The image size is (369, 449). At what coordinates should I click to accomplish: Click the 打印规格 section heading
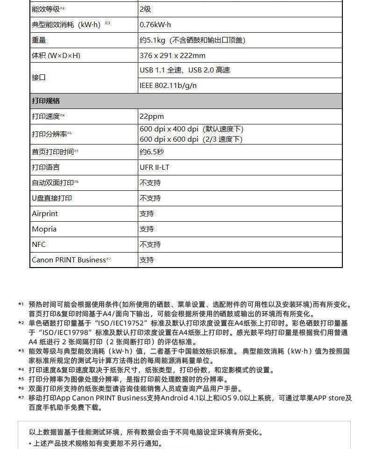pos(46,101)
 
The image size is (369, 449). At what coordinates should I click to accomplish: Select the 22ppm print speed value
pos(152,116)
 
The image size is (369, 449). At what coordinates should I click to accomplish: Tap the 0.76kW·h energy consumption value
pos(156,25)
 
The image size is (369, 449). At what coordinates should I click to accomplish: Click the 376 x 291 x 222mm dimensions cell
pos(172,56)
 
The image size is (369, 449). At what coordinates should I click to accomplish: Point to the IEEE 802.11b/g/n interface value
pos(168,86)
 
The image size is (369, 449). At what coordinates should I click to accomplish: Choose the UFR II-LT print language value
pos(155,167)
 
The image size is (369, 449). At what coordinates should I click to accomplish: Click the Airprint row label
pos(45,214)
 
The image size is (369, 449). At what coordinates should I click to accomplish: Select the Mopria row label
pos(44,229)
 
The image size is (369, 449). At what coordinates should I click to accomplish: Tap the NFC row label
pos(39,245)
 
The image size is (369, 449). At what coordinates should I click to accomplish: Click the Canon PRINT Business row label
pos(69,260)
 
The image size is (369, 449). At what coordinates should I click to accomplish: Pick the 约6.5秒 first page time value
pos(152,152)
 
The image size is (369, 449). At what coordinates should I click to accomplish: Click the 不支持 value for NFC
pos(150,245)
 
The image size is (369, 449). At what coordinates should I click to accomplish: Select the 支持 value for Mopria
pos(147,229)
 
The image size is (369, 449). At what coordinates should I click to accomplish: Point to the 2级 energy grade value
pos(145,9)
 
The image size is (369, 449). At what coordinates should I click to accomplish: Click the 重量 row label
pos(39,40)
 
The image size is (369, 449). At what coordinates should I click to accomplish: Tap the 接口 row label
pos(39,78)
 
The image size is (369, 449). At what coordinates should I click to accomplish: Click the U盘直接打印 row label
pos(52,198)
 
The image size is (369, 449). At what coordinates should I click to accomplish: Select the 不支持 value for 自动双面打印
pos(150,183)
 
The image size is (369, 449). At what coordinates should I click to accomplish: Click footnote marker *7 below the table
pos(21,398)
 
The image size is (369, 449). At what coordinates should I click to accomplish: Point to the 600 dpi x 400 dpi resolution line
pos(192,129)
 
